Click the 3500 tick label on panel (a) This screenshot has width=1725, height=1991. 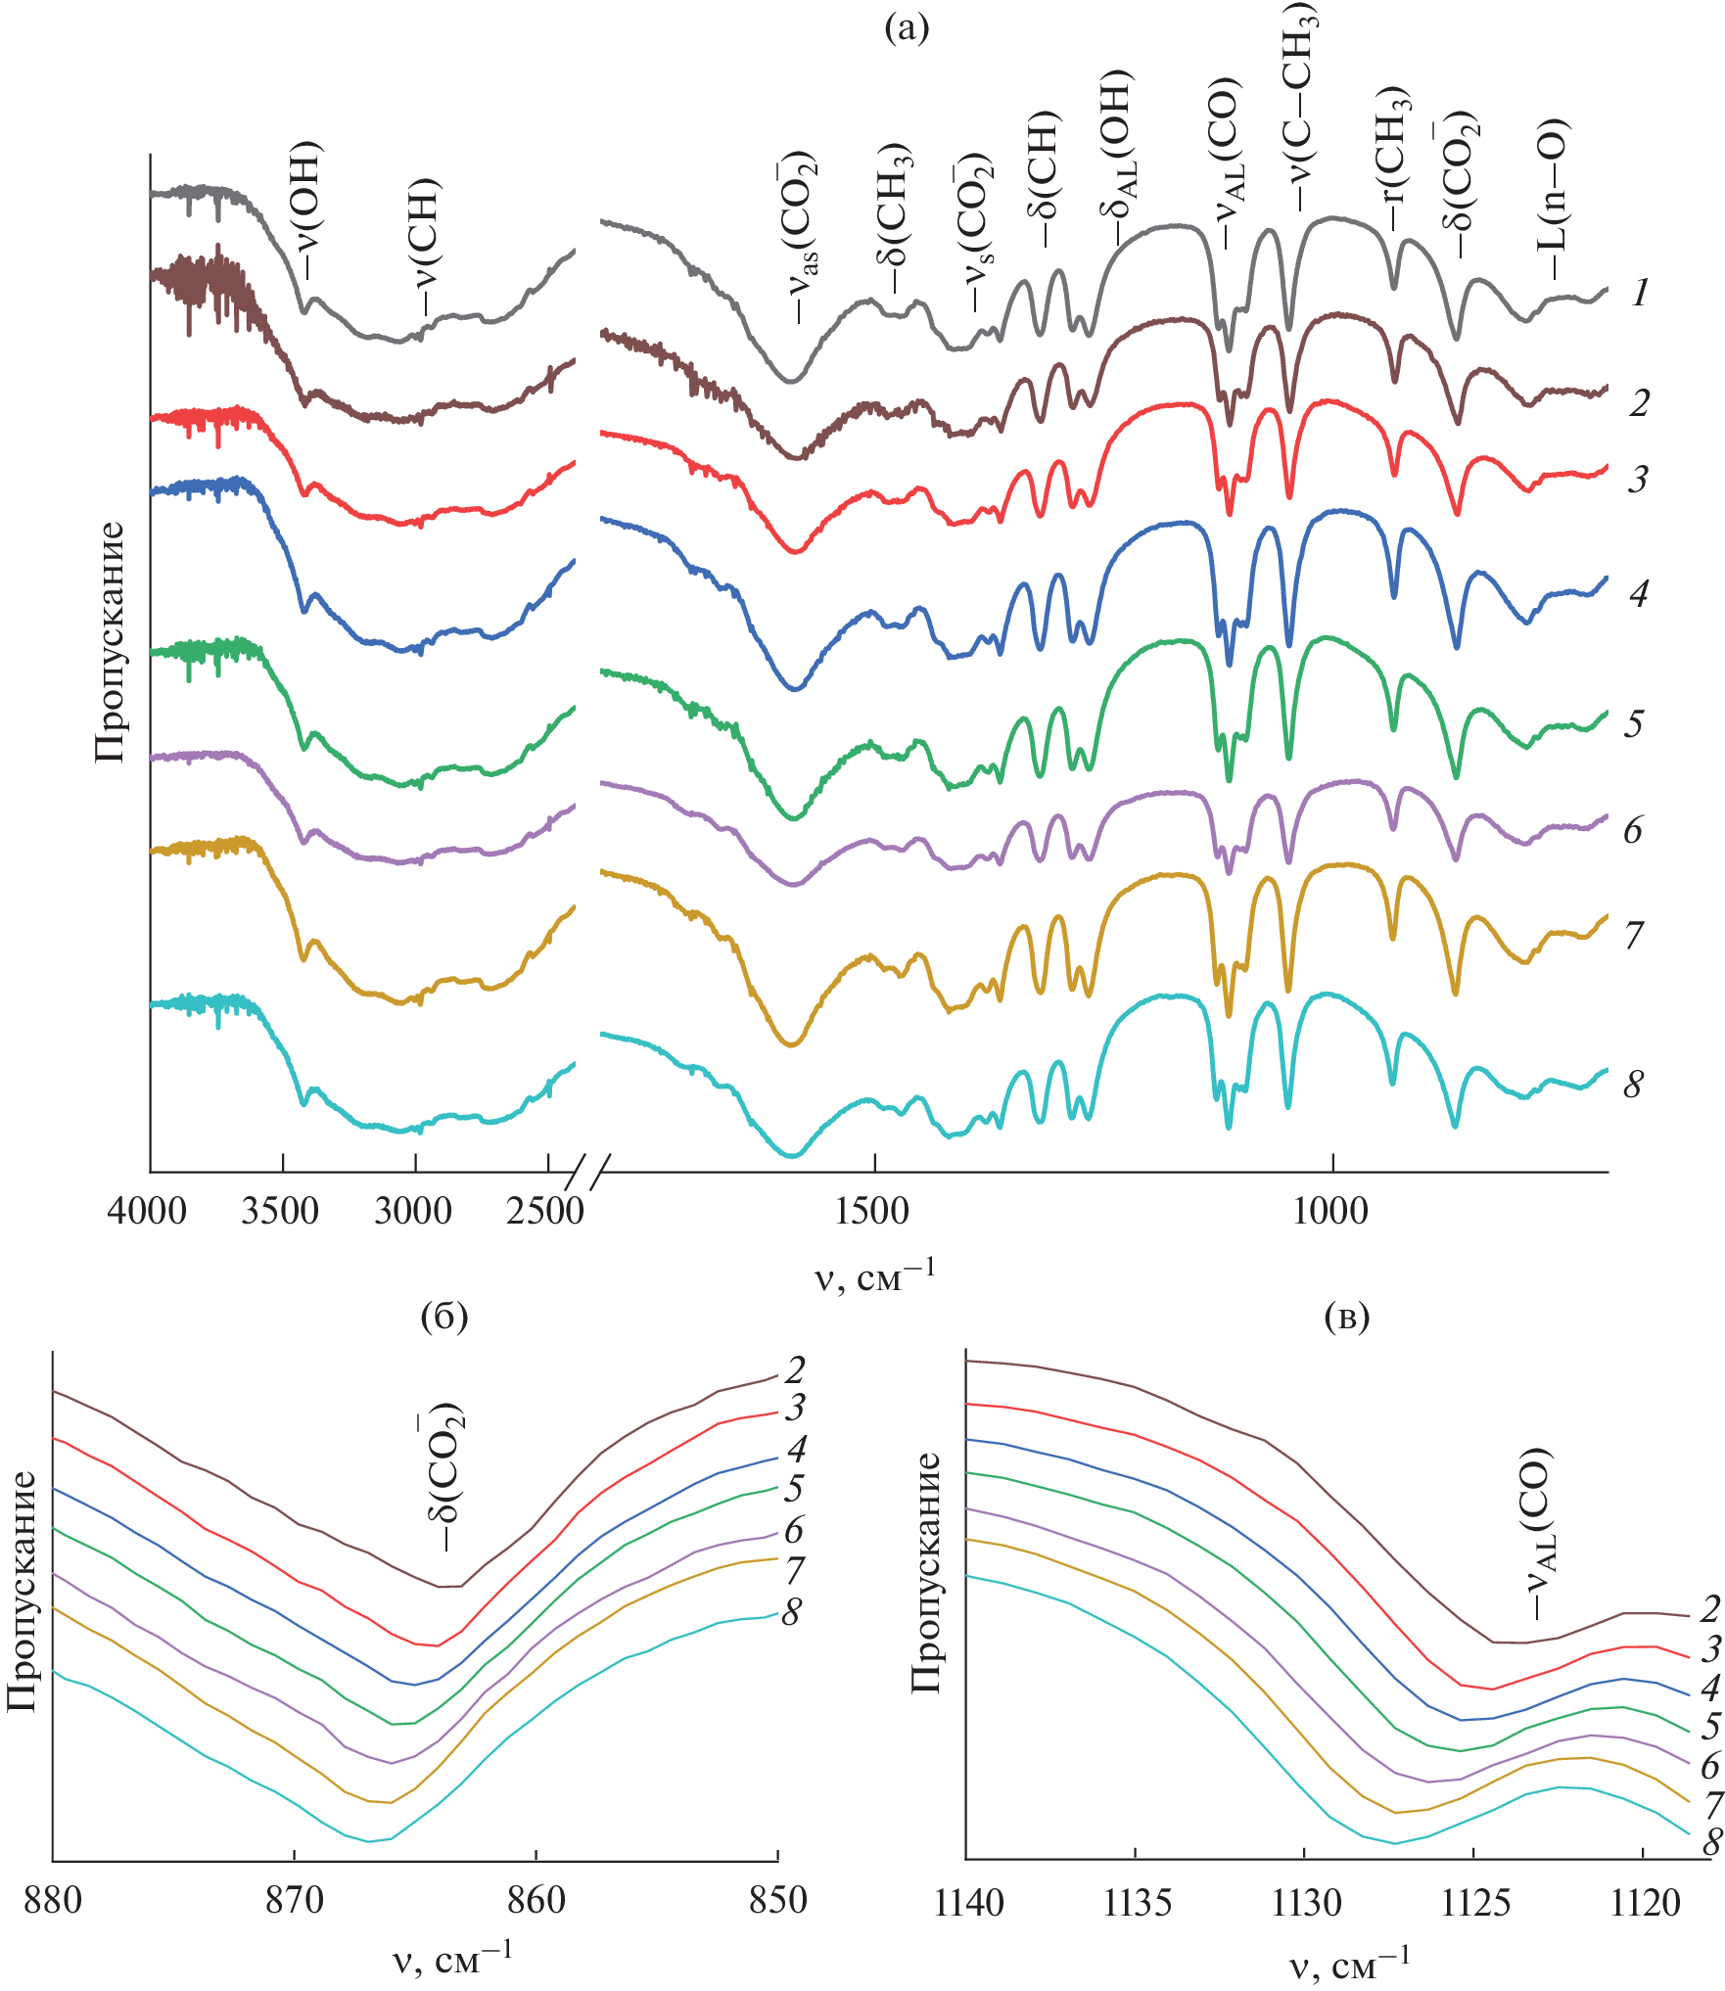tap(281, 1212)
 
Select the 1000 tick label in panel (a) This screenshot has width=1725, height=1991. tap(1330, 1212)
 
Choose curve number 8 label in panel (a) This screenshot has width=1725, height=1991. tap(1634, 1085)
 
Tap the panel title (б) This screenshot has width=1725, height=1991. tap(443, 1317)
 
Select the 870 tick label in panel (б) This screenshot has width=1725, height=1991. tap(294, 1900)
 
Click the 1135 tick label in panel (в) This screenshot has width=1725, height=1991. tap(1137, 1902)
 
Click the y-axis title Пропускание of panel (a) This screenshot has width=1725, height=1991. tap(111, 641)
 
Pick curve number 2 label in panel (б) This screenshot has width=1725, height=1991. tap(795, 1369)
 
